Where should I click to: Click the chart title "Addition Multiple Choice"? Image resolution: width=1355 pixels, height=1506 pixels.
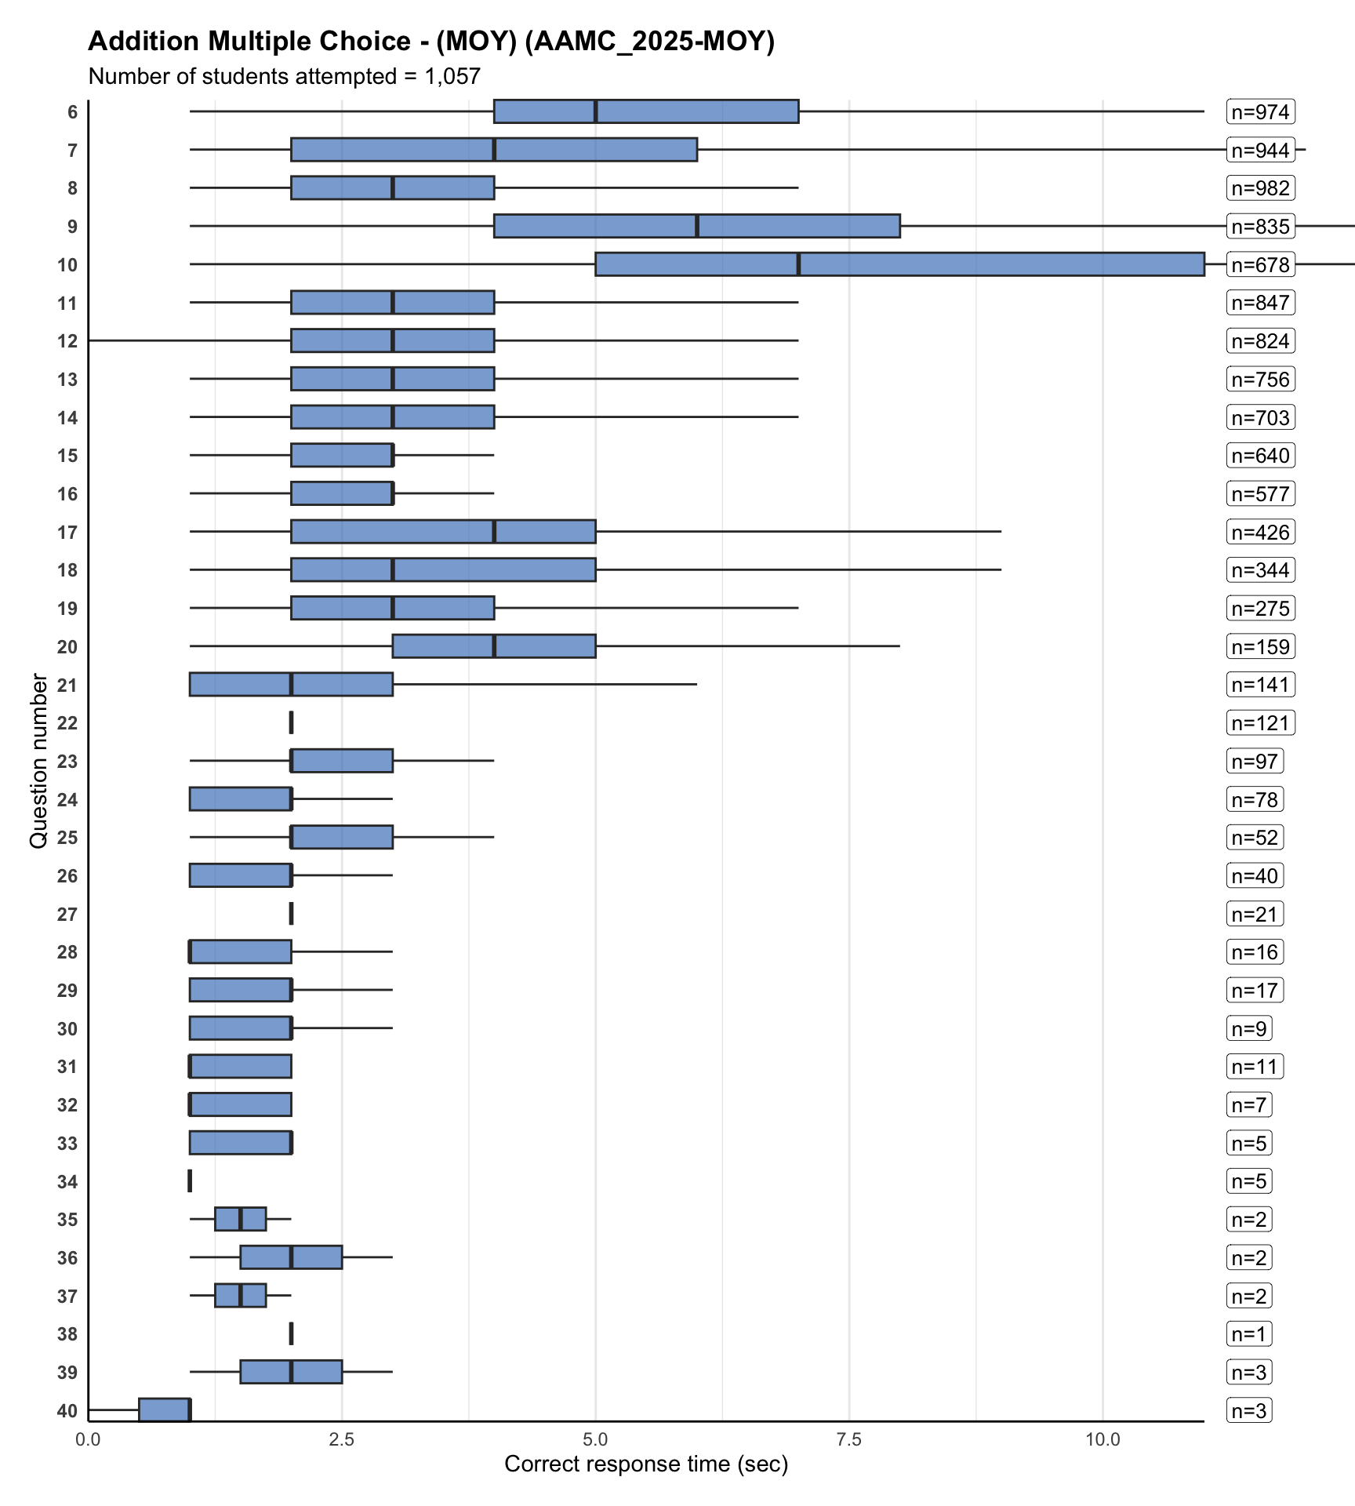430,41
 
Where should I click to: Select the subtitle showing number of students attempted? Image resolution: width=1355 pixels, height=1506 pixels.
284,77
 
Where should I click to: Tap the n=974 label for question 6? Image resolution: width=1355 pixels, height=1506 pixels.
1260,112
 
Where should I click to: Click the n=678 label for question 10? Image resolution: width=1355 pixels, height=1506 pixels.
1260,265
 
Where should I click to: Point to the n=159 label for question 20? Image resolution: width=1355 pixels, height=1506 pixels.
1260,647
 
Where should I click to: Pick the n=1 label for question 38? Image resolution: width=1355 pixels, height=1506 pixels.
1249,1334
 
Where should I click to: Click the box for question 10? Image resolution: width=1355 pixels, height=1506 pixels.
899,264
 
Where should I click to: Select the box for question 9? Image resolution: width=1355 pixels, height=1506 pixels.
696,226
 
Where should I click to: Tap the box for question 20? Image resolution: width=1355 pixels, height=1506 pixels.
494,646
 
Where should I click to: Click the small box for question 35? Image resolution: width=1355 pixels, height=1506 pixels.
241,1219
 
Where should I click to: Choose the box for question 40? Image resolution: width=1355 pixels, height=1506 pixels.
165,1410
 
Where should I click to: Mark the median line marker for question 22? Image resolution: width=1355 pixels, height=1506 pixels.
291,722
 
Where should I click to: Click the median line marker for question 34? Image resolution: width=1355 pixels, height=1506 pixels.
190,1180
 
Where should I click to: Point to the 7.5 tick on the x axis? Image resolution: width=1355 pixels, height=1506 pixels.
849,1440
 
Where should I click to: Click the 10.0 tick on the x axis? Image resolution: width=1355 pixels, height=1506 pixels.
1103,1440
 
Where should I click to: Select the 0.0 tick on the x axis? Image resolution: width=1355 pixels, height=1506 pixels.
89,1440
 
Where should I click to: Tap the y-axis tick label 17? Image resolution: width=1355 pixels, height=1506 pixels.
67,533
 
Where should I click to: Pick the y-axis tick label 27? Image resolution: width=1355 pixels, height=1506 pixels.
67,915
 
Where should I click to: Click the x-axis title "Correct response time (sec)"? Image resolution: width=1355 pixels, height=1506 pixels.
646,1464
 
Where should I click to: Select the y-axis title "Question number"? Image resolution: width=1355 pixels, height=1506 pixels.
38,761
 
